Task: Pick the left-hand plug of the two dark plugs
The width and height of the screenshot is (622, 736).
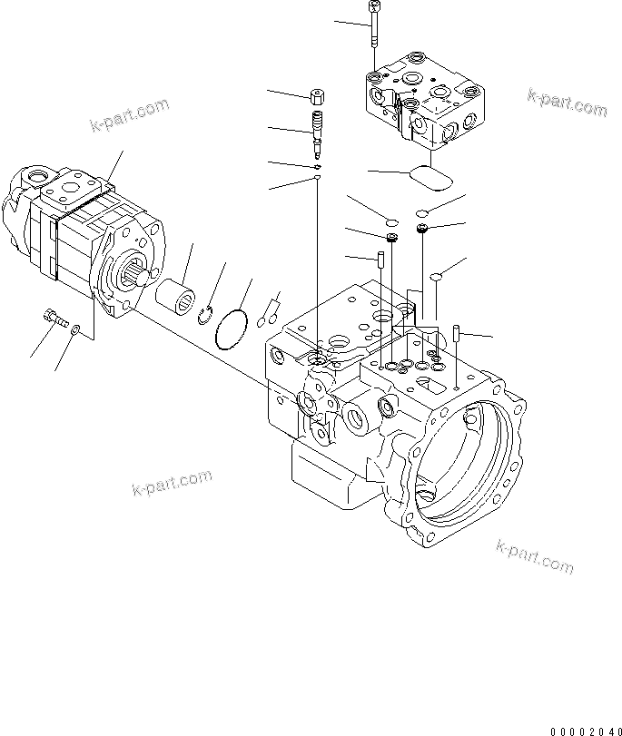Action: pyautogui.click(x=391, y=239)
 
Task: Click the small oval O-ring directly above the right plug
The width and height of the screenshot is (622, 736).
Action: pyautogui.click(x=423, y=213)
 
